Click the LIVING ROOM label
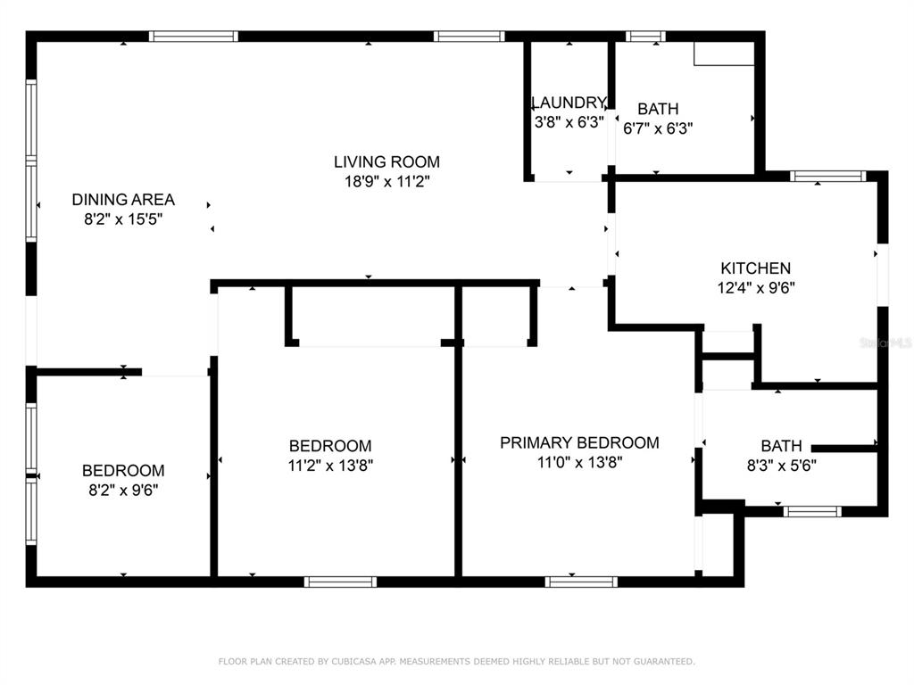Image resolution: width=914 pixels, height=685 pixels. tap(386, 161)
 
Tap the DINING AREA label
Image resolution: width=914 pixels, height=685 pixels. tap(123, 199)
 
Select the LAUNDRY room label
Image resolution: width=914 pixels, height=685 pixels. tap(569, 103)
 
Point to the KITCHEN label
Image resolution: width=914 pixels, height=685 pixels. tap(755, 268)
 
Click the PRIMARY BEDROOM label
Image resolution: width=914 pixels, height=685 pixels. tap(579, 442)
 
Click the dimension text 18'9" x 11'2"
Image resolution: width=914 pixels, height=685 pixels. tap(386, 181)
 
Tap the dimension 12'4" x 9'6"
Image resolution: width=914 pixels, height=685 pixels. tap(756, 288)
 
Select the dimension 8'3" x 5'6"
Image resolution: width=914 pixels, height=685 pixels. tap(781, 466)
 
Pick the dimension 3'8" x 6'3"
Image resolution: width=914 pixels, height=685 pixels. tap(569, 122)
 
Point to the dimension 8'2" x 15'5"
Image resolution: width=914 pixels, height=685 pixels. tap(123, 219)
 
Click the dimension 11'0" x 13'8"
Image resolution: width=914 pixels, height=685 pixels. tap(579, 463)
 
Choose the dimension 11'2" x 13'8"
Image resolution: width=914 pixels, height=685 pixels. tap(330, 466)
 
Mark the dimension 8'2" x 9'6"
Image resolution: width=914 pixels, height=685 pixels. tap(123, 491)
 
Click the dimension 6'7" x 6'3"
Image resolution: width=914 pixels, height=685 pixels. tap(658, 128)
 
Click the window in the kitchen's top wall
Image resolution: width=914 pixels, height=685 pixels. tap(827, 176)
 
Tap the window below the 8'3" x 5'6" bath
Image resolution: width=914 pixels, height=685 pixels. tap(812, 511)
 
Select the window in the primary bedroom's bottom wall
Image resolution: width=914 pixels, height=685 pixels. tap(581, 582)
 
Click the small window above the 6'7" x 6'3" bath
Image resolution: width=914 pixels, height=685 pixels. tap(645, 36)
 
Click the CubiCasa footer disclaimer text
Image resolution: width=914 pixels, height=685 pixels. tap(456, 661)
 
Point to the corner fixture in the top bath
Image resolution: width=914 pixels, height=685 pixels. tap(724, 54)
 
